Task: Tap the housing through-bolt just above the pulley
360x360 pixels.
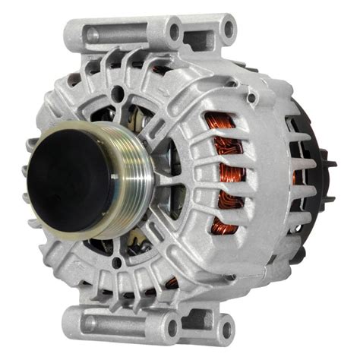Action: click(x=118, y=94)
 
